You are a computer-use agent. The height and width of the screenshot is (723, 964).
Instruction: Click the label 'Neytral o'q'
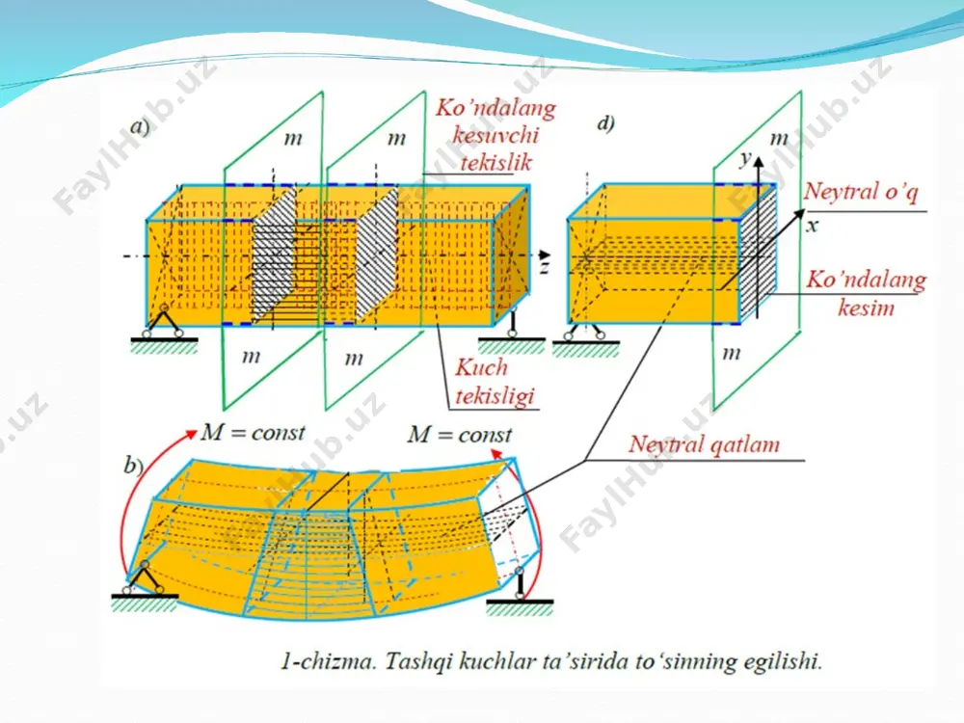point(861,192)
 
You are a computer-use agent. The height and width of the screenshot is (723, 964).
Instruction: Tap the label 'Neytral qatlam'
point(704,443)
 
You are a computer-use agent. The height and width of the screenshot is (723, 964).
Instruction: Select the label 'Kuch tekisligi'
point(495,382)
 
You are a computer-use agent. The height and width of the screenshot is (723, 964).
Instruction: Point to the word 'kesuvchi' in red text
point(495,135)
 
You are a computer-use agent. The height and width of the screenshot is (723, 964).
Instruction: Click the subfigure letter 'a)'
point(140,126)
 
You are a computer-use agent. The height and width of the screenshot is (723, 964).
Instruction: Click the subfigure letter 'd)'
point(605,123)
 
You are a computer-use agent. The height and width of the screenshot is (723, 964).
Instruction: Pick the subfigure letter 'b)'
point(133,465)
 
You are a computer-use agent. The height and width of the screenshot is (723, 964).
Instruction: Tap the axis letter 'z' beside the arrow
point(544,267)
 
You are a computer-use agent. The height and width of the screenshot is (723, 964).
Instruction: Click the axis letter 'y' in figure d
point(745,159)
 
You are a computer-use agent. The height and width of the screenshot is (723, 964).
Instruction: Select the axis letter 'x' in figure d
point(812,226)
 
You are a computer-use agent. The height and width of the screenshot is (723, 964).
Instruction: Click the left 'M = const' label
point(253,432)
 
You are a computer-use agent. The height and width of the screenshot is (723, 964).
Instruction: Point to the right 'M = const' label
point(459,435)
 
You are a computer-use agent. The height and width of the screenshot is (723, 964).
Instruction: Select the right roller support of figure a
point(511,325)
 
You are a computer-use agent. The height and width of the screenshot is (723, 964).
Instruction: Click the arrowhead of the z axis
point(544,254)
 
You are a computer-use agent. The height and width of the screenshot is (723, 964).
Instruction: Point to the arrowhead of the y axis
point(759,162)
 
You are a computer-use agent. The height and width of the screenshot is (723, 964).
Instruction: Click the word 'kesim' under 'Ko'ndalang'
point(866,307)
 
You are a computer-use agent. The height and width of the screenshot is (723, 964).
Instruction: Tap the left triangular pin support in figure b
point(144,578)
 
